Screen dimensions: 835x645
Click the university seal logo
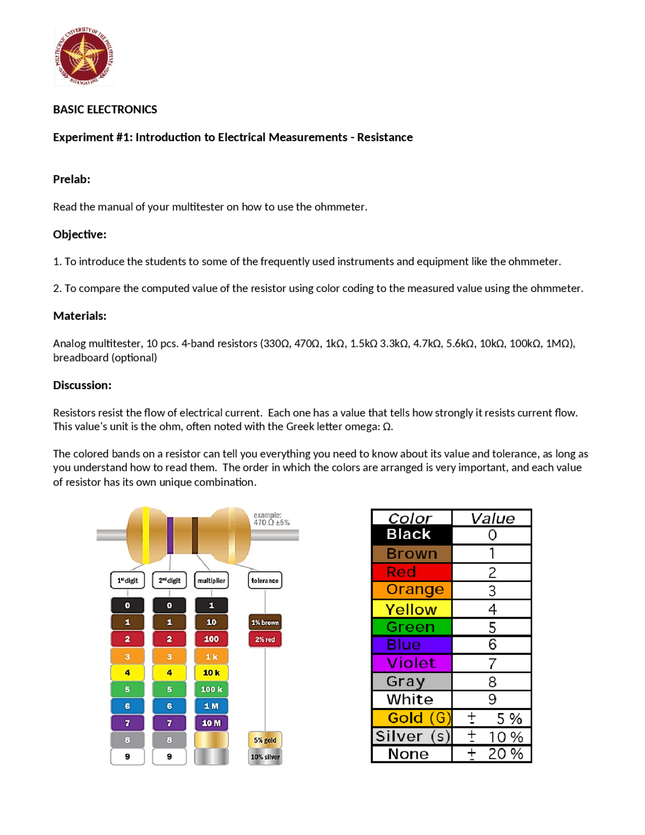(84, 56)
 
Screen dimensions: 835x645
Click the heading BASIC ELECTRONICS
(105, 109)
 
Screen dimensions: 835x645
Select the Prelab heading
(72, 179)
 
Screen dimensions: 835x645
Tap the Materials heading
(80, 316)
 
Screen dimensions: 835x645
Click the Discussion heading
(82, 385)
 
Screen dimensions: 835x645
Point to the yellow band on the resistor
(146, 534)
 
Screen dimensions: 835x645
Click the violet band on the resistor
(170, 535)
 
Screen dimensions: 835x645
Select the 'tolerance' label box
(265, 580)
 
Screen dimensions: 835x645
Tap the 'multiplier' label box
(211, 580)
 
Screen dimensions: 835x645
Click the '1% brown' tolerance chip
(265, 622)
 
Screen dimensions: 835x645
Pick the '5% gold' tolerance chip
(265, 740)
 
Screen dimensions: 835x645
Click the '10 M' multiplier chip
(211, 723)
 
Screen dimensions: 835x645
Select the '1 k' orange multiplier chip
(211, 656)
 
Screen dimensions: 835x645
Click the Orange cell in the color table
(412, 589)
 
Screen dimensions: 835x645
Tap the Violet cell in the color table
(412, 663)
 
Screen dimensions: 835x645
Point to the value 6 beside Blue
(492, 644)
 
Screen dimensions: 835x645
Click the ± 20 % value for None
(492, 753)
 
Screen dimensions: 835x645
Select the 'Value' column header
(492, 518)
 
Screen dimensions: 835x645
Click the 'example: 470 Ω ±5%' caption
(271, 519)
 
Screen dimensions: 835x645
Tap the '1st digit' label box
(127, 580)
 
